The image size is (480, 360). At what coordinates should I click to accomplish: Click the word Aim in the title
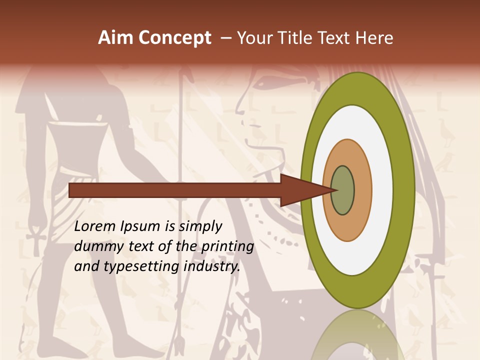116,38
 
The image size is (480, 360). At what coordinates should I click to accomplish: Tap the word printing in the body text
227,247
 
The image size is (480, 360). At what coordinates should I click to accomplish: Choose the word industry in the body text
212,266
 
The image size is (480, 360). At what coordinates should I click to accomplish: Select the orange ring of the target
362,190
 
